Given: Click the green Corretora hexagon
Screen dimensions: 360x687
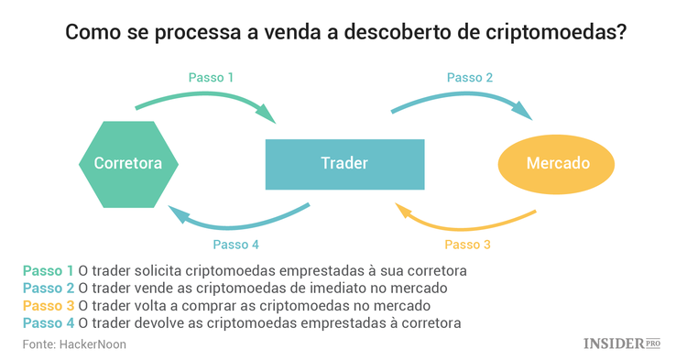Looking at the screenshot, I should (x=128, y=164).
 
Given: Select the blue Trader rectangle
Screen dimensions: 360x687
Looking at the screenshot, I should (x=344, y=164).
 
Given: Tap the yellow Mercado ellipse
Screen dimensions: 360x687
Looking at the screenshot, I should (x=557, y=164).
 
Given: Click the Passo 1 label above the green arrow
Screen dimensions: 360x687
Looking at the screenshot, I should (x=211, y=78).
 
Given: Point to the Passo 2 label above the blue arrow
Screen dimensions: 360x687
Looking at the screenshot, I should (x=471, y=78).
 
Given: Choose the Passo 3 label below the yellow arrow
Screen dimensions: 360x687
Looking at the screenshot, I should (x=467, y=245).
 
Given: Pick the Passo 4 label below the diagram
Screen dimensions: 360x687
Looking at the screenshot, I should (x=235, y=245).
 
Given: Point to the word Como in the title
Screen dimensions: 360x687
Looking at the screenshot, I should (x=89, y=33).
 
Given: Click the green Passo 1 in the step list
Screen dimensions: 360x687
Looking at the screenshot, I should (x=49, y=271).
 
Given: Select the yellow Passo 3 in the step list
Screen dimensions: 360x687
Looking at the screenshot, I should (x=49, y=305).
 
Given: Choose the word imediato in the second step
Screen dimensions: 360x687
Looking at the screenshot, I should (x=325, y=288).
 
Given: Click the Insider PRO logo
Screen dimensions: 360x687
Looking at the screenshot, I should (x=622, y=344).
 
